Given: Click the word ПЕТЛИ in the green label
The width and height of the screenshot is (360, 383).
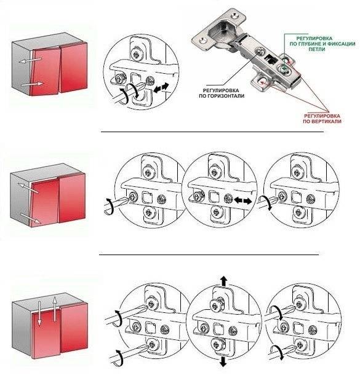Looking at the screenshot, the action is pos(316,49).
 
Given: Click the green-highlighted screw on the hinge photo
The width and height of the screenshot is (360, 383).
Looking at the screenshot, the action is pos(284,69).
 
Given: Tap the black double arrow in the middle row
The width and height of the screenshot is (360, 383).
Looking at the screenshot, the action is pos(242,201).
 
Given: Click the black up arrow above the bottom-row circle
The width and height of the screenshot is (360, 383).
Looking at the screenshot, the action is pos(223,281).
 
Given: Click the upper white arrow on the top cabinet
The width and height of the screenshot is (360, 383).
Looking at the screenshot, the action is pos(30,60).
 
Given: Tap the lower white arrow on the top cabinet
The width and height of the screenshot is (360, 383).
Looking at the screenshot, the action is pos(32,84).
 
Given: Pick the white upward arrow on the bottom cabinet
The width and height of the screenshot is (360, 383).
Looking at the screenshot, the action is pos(55,309).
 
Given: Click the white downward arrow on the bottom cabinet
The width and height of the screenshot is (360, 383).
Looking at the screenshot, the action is pos(39,313).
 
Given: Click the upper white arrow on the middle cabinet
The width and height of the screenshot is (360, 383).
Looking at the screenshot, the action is pos(28,188).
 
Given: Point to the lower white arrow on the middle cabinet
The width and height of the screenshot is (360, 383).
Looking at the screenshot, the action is pos(30,218).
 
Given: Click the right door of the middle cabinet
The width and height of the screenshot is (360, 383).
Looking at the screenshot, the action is pos(72,198).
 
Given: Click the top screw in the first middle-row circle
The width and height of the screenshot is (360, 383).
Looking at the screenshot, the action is pos(148,172).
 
